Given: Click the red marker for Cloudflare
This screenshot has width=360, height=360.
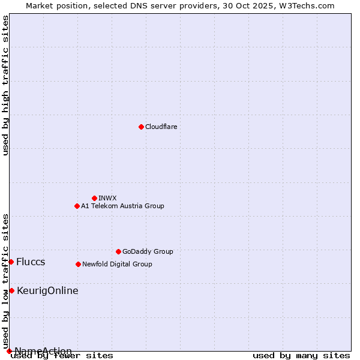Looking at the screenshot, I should [141, 127].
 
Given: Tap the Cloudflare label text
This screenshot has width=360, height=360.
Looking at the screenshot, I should [161, 127].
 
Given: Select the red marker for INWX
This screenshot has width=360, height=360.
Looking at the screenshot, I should [94, 198].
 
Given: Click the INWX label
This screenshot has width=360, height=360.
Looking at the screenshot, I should [107, 198].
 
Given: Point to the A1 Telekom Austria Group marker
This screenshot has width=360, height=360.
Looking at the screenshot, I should [77, 206].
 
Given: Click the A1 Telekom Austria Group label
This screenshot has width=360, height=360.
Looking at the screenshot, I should [122, 206].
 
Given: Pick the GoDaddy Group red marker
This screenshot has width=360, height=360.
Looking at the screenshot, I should [118, 251].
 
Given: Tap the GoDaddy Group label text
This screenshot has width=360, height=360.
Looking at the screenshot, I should [147, 251].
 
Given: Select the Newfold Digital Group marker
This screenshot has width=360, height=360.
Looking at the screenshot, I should [78, 264].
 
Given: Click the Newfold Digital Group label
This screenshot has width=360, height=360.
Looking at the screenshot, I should [117, 264].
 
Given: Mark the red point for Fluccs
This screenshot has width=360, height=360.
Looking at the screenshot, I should [11, 262].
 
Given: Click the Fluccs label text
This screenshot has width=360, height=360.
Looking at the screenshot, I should [31, 262].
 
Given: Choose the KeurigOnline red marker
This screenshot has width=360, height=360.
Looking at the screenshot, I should [11, 290].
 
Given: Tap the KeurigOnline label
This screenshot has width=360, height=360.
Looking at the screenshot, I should [47, 290].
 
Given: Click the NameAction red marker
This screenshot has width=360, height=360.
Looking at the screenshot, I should [9, 351].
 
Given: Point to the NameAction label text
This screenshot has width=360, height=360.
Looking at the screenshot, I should [43, 351].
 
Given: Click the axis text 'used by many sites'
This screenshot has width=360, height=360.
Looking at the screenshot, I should [301, 355].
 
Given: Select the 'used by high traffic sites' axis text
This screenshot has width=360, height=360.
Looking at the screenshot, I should [6, 86].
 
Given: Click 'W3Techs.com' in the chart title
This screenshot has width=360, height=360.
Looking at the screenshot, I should [310, 5].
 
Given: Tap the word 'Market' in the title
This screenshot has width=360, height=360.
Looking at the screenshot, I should [40, 5].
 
